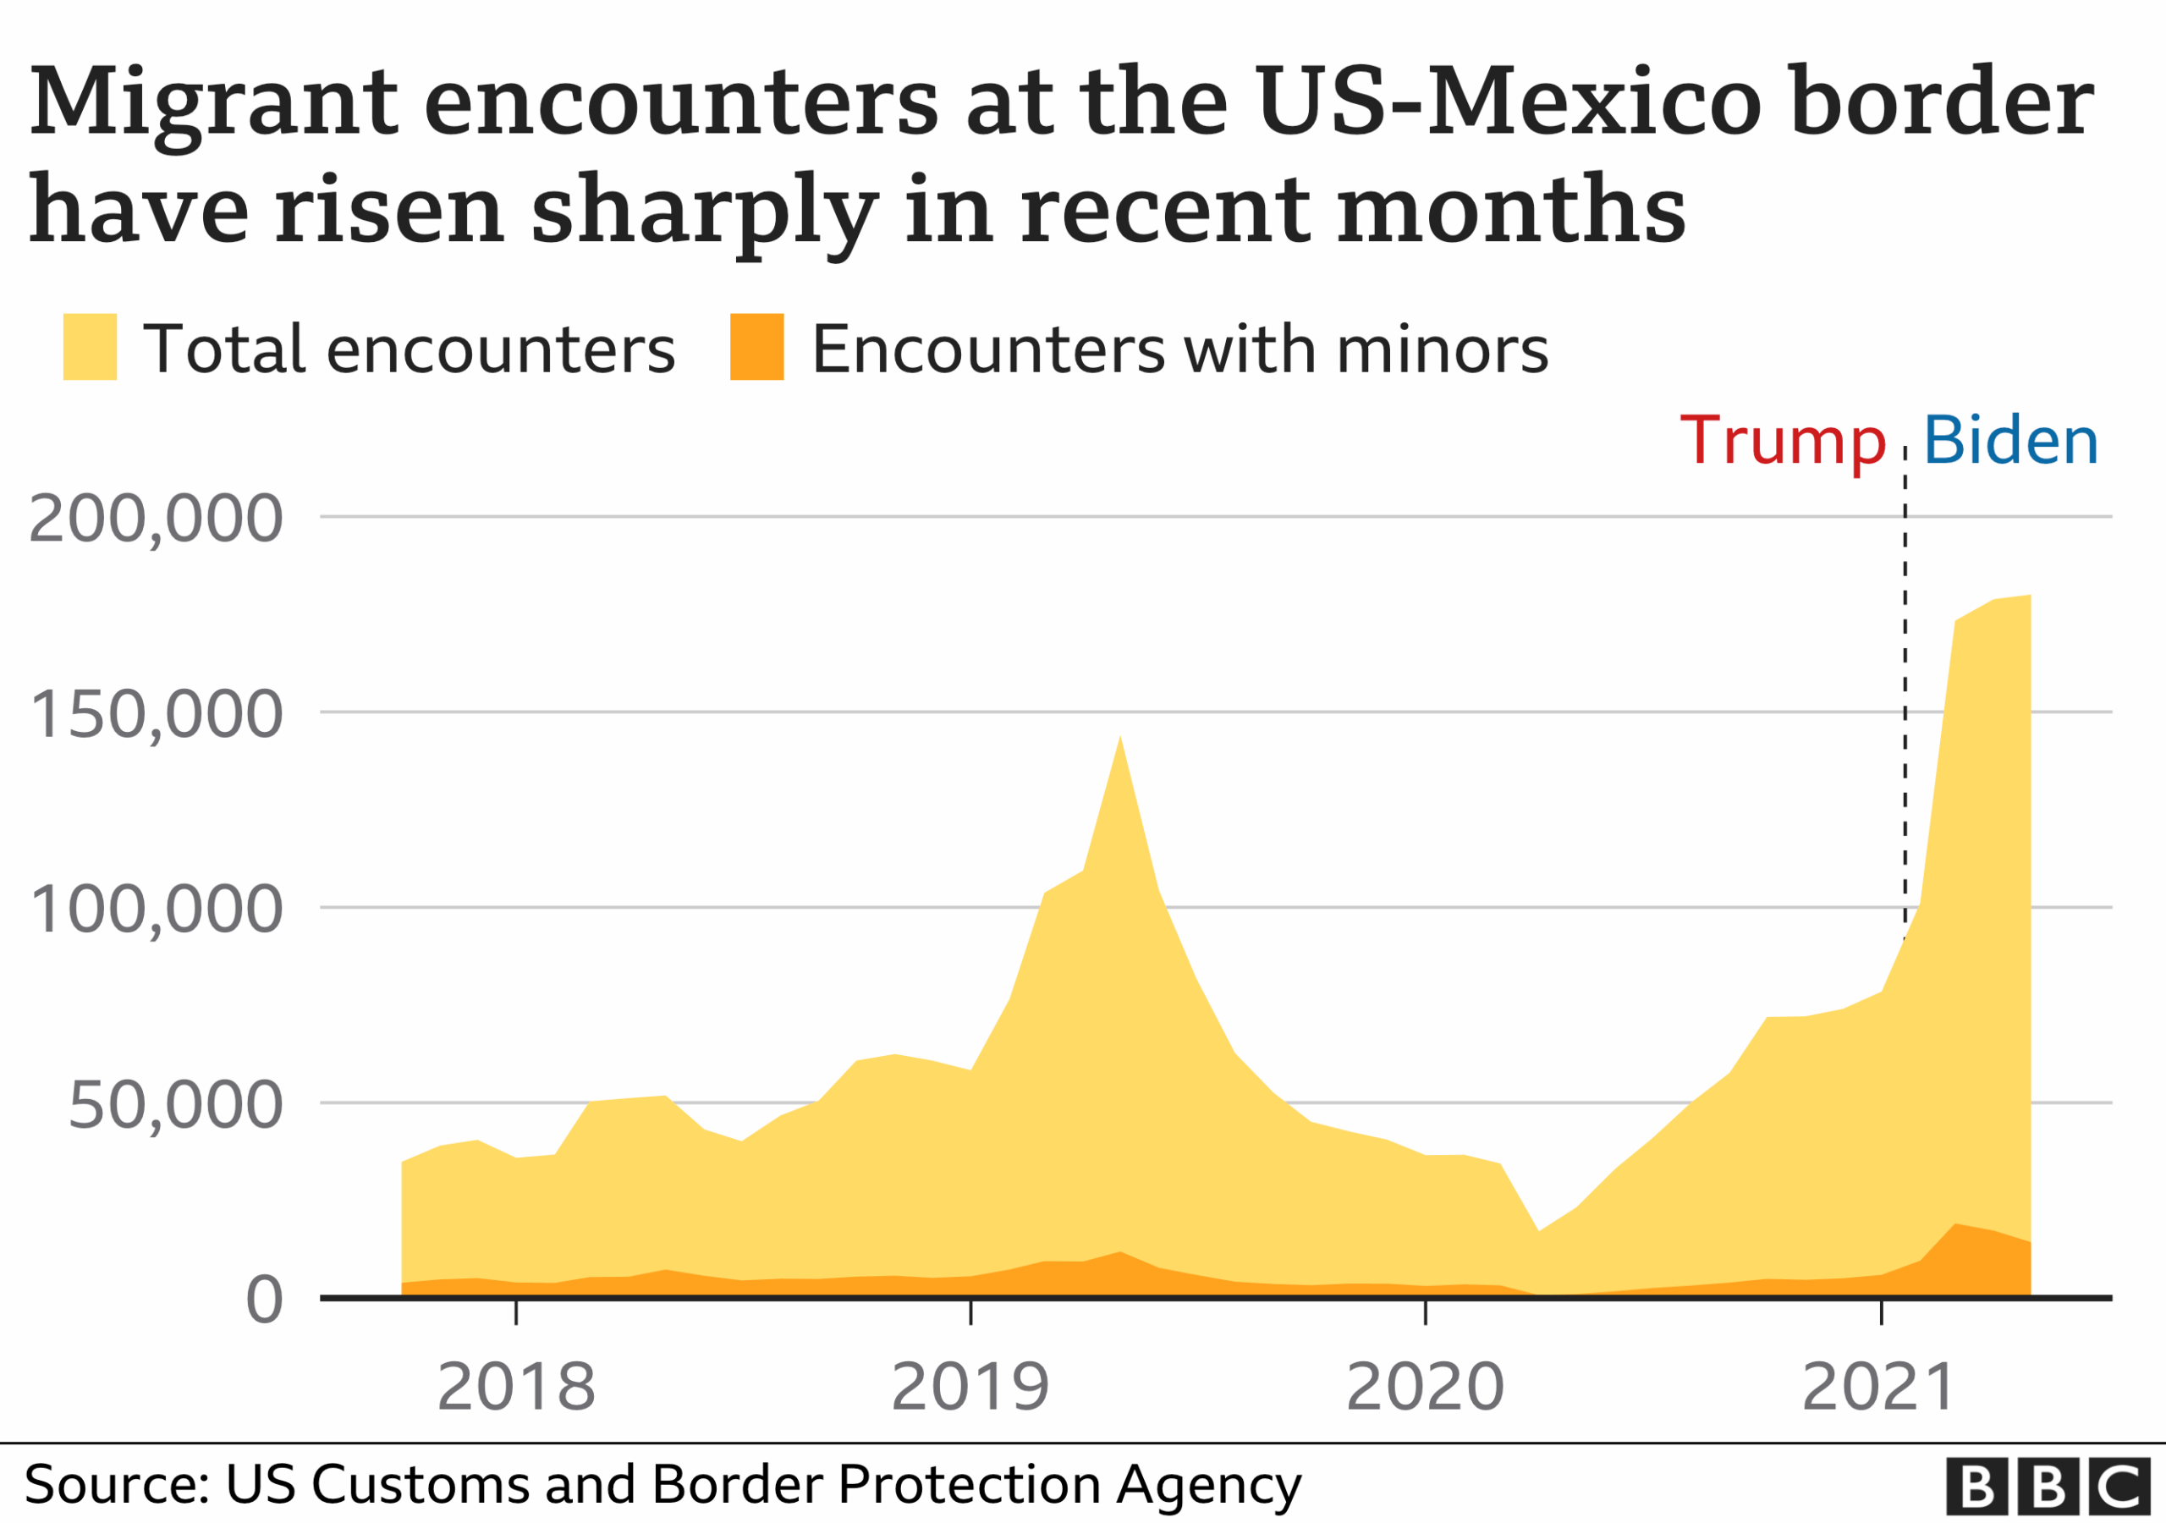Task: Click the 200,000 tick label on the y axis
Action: click(156, 519)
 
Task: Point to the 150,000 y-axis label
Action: click(156, 714)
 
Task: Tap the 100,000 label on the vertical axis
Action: click(156, 910)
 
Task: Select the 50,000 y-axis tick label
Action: click(174, 1105)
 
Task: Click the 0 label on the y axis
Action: click(264, 1301)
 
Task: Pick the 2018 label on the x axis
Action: click(516, 1387)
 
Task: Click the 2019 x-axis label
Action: click(970, 1387)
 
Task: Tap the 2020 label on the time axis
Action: click(1425, 1387)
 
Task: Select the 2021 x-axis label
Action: click(1879, 1387)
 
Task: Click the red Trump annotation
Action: click(1782, 441)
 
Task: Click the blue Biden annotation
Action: click(2010, 441)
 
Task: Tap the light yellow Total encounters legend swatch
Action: click(90, 346)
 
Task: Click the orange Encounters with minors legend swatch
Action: click(756, 346)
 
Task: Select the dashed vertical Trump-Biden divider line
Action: click(1905, 661)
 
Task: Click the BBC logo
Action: click(2048, 1487)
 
